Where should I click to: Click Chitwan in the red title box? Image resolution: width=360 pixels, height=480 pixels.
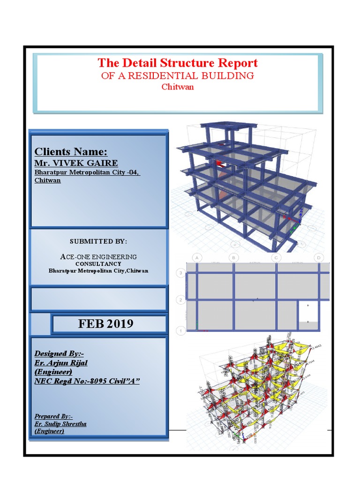tap(177, 87)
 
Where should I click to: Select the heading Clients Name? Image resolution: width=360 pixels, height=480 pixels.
tap(71, 152)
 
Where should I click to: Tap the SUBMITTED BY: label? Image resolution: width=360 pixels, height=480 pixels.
tap(98, 241)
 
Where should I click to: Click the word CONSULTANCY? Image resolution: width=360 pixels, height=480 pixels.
tap(98, 264)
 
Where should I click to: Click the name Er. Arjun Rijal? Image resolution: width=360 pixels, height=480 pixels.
tap(61, 363)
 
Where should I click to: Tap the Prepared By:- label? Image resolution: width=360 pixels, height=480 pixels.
tap(54, 416)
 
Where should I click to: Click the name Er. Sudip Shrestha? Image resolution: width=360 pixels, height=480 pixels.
tap(60, 424)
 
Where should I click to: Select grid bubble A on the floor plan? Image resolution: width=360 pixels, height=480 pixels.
tap(197, 258)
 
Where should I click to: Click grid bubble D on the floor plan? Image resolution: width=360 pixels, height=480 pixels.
tap(319, 258)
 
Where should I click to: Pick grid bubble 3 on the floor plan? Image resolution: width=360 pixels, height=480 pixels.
tap(180, 273)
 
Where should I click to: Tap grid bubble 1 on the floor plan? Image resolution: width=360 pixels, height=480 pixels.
tap(180, 331)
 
